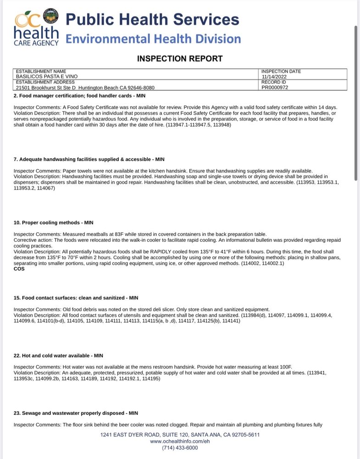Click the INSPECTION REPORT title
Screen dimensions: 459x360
(180, 59)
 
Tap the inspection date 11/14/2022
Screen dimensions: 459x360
(274, 77)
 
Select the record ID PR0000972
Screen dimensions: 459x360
(275, 87)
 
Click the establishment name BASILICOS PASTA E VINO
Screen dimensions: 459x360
(47, 77)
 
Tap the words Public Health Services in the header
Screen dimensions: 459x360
(152, 19)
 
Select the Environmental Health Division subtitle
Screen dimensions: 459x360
(153, 39)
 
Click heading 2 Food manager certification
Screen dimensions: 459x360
(79, 96)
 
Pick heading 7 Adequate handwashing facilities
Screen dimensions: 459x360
(89, 159)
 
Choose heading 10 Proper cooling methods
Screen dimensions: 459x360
(54, 223)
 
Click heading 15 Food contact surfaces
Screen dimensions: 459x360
(76, 298)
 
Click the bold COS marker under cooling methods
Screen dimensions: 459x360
(19, 269)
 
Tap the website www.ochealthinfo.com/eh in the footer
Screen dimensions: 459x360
(180, 441)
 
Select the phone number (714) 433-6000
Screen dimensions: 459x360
(180, 448)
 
